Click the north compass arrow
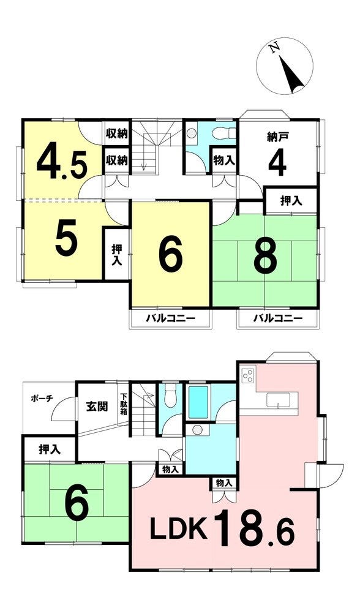pos(291,74)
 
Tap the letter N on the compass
pos(273,48)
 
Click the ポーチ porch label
pos(41,399)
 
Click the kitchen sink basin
pos(278,400)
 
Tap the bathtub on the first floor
pos(198,402)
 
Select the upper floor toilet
pos(224,133)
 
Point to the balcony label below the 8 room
pos(278,318)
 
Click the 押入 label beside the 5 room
pos(117,255)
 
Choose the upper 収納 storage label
pos(117,134)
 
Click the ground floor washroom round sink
pos(197,430)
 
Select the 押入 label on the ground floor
pos(50,449)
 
